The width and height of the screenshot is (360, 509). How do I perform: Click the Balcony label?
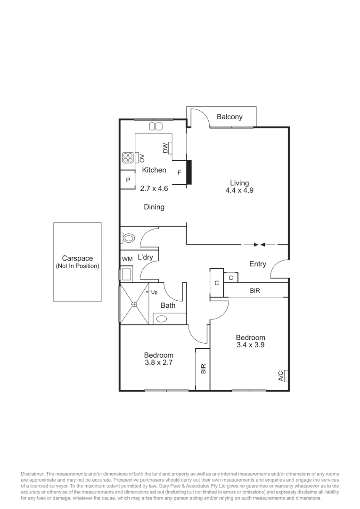pyautogui.click(x=229, y=117)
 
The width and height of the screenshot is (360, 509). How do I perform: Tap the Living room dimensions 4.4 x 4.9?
pyautogui.click(x=239, y=191)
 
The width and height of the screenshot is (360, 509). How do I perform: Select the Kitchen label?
pyautogui.click(x=154, y=170)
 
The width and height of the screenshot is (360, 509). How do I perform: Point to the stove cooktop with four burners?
pyautogui.click(x=128, y=157)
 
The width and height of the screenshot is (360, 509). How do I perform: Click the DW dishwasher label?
pyautogui.click(x=165, y=148)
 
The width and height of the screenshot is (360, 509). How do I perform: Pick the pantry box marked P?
pyautogui.click(x=127, y=180)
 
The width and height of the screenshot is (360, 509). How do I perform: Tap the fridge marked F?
pyautogui.click(x=179, y=172)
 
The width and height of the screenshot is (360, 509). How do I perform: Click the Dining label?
pyautogui.click(x=154, y=207)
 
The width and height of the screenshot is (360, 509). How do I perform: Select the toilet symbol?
pyautogui.click(x=128, y=238)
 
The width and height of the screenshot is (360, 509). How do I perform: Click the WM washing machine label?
pyautogui.click(x=127, y=259)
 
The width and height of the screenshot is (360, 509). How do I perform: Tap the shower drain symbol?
pyautogui.click(x=134, y=304)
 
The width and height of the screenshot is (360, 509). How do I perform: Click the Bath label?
pyautogui.click(x=168, y=305)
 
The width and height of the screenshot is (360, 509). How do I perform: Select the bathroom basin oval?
pyautogui.click(x=162, y=319)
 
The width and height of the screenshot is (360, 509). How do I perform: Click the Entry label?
pyautogui.click(x=257, y=264)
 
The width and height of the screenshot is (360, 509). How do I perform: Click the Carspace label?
pyautogui.click(x=77, y=258)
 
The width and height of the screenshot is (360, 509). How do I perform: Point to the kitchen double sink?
pyautogui.click(x=155, y=126)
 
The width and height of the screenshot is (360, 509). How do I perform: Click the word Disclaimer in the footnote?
pyautogui.click(x=33, y=474)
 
